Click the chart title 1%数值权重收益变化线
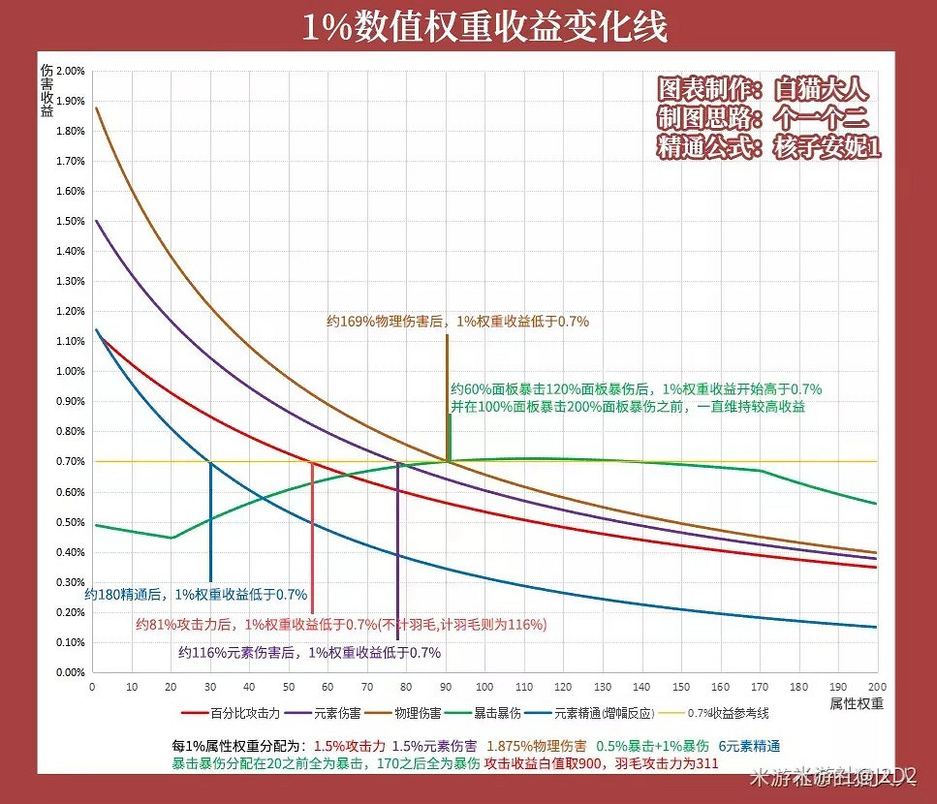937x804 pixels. click(484, 27)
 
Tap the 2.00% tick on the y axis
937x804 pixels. click(71, 71)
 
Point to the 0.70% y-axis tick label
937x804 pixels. click(71, 461)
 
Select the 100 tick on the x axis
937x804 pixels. click(484, 686)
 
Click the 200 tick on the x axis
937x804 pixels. click(876, 686)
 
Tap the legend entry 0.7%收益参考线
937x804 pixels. click(728, 714)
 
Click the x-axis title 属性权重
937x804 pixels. click(857, 703)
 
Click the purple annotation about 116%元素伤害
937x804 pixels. click(309, 653)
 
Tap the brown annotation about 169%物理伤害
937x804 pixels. click(457, 321)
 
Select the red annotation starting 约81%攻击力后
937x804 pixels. click(340, 624)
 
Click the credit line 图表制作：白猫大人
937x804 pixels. click(764, 90)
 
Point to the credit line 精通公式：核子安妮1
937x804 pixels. click(769, 148)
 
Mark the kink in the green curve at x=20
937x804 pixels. click(171, 538)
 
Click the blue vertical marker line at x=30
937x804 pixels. click(210, 523)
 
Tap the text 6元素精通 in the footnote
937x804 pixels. click(748, 746)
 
